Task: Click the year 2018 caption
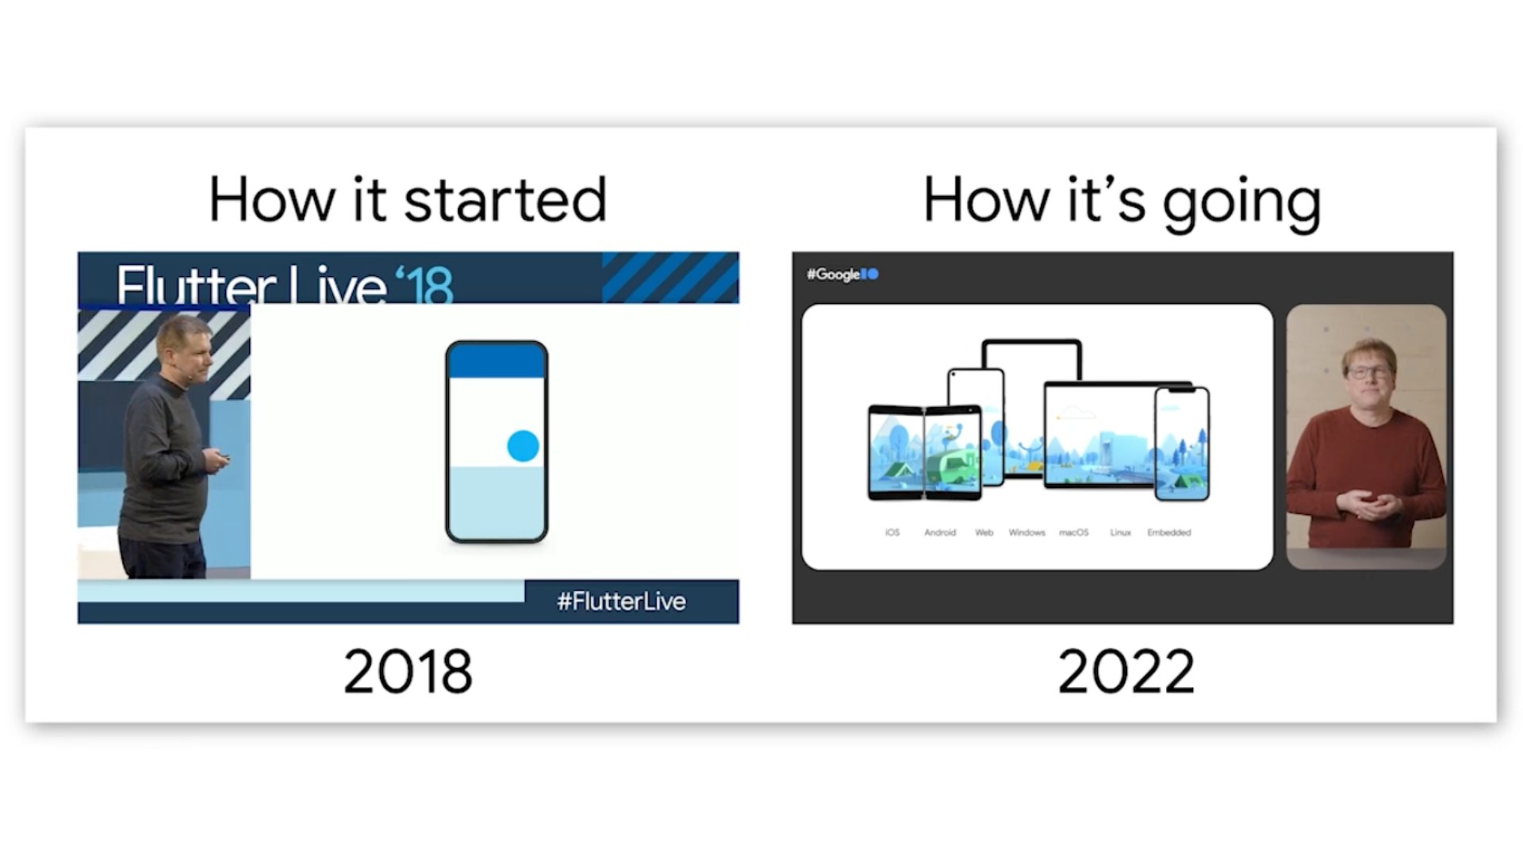(x=408, y=671)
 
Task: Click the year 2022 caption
(x=1125, y=671)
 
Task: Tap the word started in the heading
(x=505, y=200)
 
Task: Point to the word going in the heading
(x=1241, y=202)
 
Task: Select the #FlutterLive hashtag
(x=621, y=601)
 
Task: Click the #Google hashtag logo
(x=842, y=275)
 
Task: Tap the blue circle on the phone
(x=523, y=446)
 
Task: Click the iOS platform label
(x=892, y=532)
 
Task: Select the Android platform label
(x=940, y=532)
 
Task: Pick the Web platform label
(x=984, y=532)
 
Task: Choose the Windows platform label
(x=1026, y=532)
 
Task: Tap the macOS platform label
(x=1073, y=532)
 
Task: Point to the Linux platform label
(x=1120, y=532)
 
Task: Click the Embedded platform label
(x=1168, y=532)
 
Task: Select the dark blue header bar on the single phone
(x=497, y=362)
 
